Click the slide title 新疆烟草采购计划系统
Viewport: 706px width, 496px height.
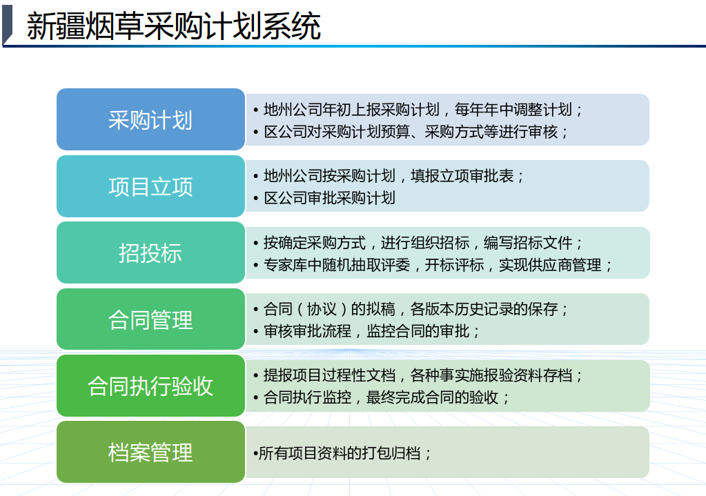tap(173, 26)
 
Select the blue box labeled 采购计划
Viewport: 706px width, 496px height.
tap(151, 119)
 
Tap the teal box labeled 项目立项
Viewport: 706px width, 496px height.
tap(151, 186)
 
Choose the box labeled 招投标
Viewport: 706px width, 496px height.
tap(151, 252)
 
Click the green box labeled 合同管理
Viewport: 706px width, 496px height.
tap(151, 319)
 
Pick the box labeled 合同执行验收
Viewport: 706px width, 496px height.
tap(151, 386)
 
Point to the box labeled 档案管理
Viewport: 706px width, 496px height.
tap(151, 452)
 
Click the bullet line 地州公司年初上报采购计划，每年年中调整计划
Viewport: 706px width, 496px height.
tap(418, 110)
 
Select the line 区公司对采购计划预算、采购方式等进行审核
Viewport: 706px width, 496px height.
tap(411, 132)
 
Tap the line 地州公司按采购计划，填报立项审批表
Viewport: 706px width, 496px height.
tap(389, 175)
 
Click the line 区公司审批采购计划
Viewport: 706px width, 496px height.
tap(324, 198)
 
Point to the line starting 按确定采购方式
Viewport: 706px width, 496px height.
tap(418, 243)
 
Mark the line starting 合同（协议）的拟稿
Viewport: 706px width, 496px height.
tap(411, 309)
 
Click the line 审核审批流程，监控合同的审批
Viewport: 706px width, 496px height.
tap(367, 331)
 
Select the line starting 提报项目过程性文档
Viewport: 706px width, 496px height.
tap(418, 375)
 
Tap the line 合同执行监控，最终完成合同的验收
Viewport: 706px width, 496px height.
tap(382, 397)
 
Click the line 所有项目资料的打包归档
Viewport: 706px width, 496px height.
tap(342, 453)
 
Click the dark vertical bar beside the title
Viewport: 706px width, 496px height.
tap(7, 25)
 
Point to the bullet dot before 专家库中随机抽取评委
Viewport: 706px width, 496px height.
tap(256, 266)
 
